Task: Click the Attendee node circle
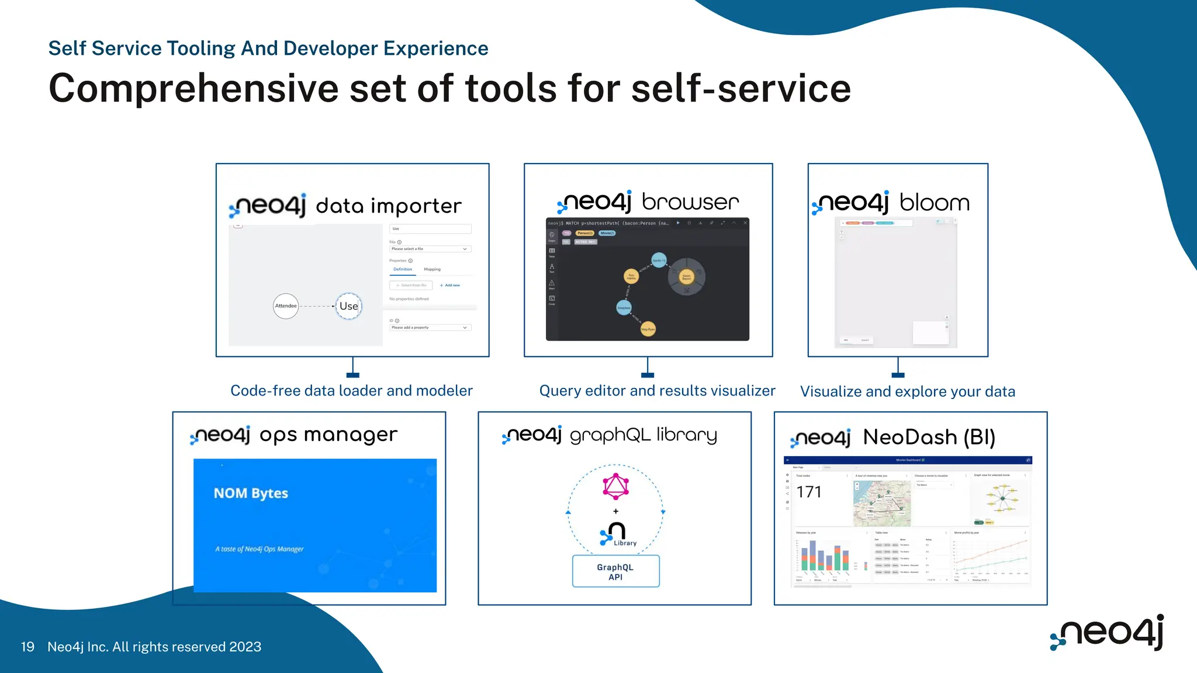[286, 306]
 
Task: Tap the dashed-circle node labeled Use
[349, 306]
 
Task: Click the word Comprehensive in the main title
[193, 89]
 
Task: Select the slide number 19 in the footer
[27, 647]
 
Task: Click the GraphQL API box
[615, 571]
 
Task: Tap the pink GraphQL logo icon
[615, 486]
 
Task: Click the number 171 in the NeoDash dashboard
[809, 492]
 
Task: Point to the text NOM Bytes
[251, 493]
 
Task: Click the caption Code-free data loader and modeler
[351, 391]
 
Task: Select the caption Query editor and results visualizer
[657, 391]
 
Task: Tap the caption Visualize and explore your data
[907, 391]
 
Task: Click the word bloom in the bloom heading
[934, 203]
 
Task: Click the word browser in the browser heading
[690, 202]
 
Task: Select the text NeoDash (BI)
[929, 438]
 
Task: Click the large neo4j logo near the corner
[1108, 632]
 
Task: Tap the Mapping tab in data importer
[432, 269]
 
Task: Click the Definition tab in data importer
[403, 269]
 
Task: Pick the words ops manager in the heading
[328, 435]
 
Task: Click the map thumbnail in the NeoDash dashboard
[881, 503]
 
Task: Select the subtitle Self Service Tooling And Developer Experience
[268, 48]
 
